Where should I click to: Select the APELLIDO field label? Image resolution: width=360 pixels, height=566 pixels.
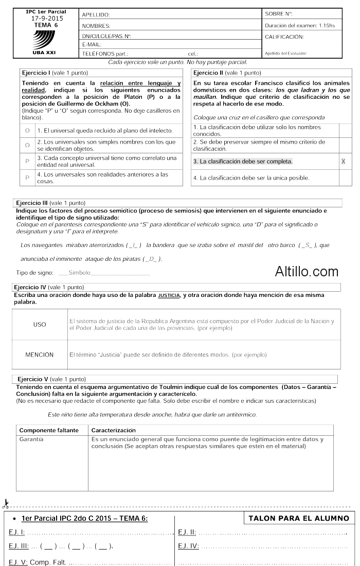click(96, 15)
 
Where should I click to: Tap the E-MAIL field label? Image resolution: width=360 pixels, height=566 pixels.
click(91, 45)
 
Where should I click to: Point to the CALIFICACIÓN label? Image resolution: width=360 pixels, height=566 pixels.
click(284, 37)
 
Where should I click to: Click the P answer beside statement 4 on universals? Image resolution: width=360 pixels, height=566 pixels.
click(27, 177)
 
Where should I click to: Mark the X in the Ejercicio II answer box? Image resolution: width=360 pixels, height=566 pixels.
click(344, 162)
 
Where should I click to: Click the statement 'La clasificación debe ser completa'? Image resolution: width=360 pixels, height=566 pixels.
click(243, 162)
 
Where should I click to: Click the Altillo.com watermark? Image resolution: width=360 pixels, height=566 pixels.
click(307, 271)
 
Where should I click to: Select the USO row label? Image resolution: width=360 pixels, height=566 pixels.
click(39, 324)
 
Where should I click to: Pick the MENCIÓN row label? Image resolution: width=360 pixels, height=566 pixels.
click(40, 355)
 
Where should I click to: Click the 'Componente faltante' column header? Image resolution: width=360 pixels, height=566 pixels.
click(48, 430)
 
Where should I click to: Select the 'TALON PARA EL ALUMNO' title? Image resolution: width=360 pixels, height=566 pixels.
click(299, 519)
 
